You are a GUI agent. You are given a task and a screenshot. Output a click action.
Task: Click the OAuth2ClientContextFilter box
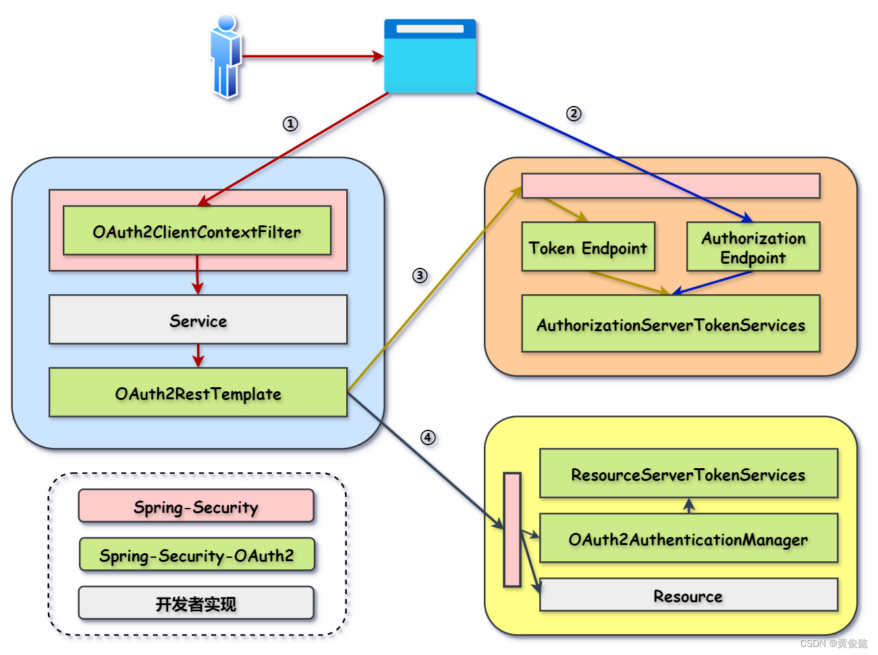tap(197, 230)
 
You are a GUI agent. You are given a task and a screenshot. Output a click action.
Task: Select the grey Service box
tap(198, 319)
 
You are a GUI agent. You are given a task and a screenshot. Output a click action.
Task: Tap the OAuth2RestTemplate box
tap(198, 392)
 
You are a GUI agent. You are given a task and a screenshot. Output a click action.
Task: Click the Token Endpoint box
tap(588, 247)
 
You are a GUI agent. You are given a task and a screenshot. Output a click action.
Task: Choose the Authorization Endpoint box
tap(753, 247)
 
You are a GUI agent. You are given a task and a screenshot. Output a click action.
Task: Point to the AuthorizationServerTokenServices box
tap(671, 323)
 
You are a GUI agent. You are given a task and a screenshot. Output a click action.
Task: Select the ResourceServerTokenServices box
tap(688, 473)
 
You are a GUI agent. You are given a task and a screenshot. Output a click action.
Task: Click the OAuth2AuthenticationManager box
tap(688, 538)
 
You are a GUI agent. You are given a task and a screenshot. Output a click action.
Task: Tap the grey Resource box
tap(688, 595)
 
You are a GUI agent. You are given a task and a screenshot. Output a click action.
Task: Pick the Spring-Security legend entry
tap(196, 505)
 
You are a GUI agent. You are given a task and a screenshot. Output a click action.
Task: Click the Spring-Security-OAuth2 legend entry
tap(197, 554)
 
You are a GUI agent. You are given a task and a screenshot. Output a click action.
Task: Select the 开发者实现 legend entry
tap(196, 602)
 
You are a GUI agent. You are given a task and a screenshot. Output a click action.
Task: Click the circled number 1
tap(290, 124)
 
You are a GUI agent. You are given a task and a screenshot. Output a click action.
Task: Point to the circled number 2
tap(574, 114)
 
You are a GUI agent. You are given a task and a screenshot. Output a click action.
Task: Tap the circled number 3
tap(420, 275)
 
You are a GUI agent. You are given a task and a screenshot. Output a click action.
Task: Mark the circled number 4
tap(428, 437)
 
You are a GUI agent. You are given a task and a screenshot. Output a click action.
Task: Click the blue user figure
tap(226, 56)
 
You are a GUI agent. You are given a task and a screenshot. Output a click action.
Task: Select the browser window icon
tap(430, 56)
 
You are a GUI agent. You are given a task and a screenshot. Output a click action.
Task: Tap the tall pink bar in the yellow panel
tap(512, 530)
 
